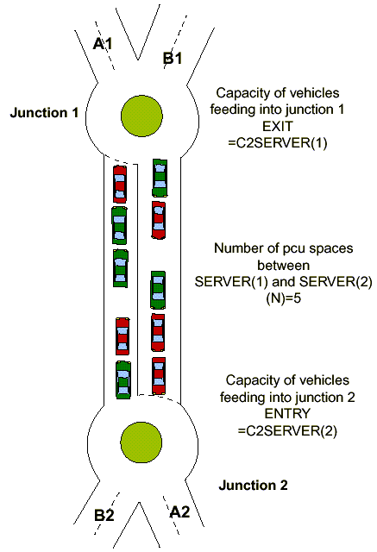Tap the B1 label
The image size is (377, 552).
[173, 58]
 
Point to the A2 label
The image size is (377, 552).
[179, 511]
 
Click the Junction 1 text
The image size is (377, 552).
[42, 112]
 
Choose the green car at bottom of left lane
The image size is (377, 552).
[123, 378]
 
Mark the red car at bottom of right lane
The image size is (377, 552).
[158, 374]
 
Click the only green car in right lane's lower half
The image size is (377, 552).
[158, 290]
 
